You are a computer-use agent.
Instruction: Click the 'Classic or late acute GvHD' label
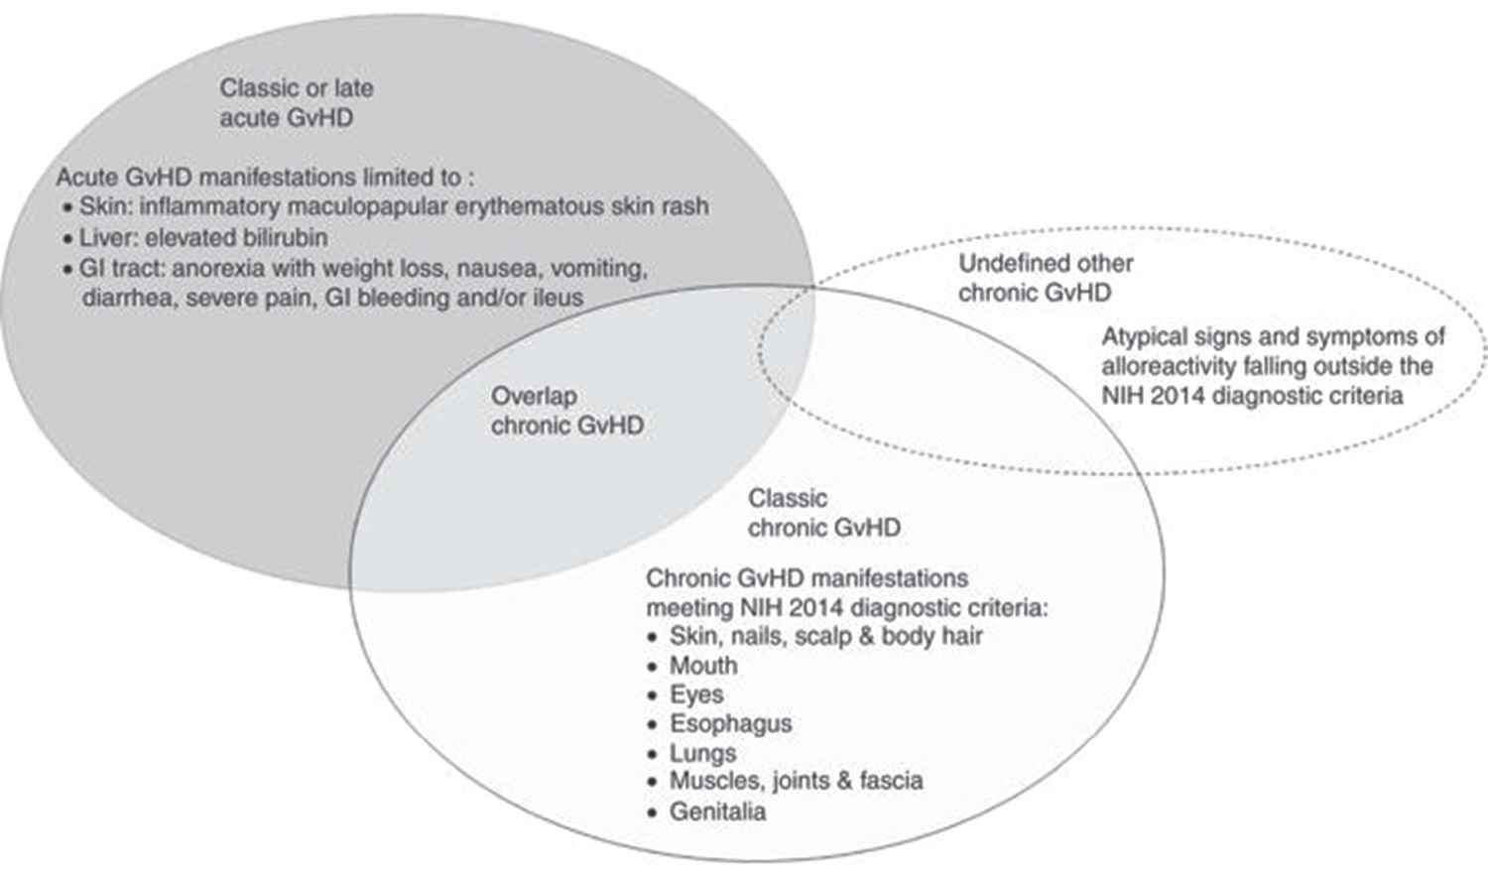(x=296, y=102)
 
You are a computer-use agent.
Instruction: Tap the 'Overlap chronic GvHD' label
(x=566, y=411)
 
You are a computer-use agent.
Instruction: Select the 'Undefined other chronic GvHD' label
(x=1045, y=278)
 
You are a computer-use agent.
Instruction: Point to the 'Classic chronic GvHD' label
(x=823, y=513)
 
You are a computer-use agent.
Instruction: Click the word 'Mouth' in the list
(x=703, y=665)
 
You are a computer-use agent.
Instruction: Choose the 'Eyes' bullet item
(x=696, y=694)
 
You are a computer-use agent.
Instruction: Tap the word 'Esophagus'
(x=730, y=723)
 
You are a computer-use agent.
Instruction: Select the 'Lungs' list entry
(x=702, y=753)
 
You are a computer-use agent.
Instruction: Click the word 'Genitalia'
(x=717, y=812)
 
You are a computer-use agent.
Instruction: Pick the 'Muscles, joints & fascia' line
(x=796, y=781)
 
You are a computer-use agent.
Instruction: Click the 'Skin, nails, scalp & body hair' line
(x=825, y=635)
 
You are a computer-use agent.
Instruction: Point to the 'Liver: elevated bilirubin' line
(x=202, y=238)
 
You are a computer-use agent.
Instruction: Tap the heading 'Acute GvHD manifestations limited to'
(x=264, y=178)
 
